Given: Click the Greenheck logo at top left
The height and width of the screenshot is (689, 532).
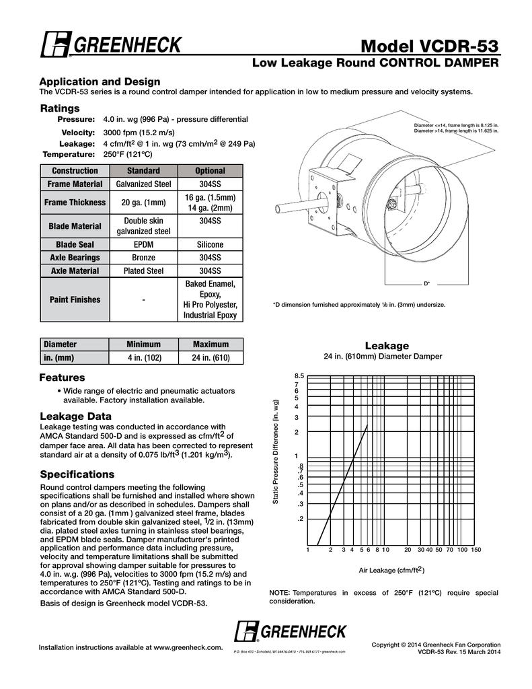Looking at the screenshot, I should (110, 46).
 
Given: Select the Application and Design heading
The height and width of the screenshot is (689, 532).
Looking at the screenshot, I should (100, 81).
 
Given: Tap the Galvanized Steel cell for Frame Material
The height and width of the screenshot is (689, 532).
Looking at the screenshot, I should (143, 184).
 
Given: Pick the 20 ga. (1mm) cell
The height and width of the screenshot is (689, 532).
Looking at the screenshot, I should (143, 203).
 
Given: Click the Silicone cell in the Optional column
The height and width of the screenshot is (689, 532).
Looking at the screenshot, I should (210, 244).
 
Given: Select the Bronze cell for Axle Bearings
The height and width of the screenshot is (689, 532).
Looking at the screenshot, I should (143, 258).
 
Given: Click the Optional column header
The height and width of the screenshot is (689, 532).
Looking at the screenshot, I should (210, 170).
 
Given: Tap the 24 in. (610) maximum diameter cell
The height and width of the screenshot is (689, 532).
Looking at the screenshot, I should (211, 357).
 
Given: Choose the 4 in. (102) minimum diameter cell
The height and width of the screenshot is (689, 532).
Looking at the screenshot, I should (143, 357).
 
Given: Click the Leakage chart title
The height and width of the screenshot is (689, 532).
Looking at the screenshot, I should (386, 346).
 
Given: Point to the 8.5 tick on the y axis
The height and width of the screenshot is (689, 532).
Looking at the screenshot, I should (299, 375).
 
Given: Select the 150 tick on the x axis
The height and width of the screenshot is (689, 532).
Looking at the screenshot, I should (476, 550).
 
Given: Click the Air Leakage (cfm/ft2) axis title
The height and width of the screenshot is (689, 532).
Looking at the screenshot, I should (391, 570).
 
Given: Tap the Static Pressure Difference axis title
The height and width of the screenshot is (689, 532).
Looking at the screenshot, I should (276, 453).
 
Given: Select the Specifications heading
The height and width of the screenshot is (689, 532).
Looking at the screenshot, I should (77, 474).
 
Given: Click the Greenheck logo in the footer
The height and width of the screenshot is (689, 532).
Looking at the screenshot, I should (291, 632).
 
